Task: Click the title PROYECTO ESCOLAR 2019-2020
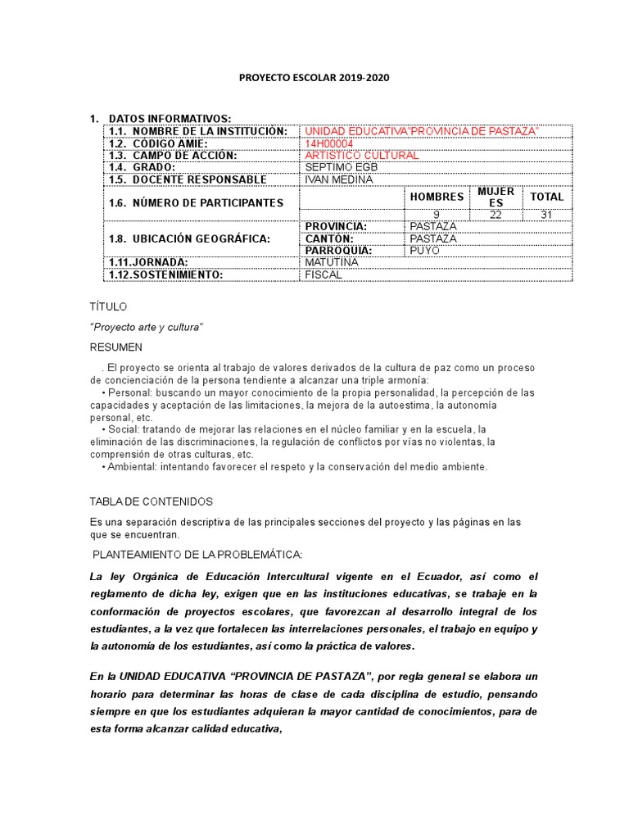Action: pyautogui.click(x=314, y=78)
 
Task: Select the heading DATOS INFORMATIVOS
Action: pyautogui.click(x=170, y=119)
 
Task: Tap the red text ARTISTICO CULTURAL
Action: pyautogui.click(x=361, y=155)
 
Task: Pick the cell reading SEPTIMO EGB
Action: pyautogui.click(x=342, y=167)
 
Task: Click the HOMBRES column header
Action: pyautogui.click(x=437, y=197)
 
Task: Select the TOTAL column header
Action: pyautogui.click(x=546, y=197)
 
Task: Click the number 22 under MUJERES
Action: pyautogui.click(x=496, y=215)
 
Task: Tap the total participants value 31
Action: pyautogui.click(x=546, y=215)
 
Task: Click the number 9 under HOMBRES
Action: pyautogui.click(x=437, y=215)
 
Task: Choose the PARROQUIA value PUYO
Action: pyautogui.click(x=424, y=251)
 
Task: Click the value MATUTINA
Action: pyautogui.click(x=332, y=262)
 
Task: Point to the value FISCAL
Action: pyautogui.click(x=324, y=274)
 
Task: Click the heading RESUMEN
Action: pyautogui.click(x=115, y=347)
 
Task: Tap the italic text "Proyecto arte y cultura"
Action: pyautogui.click(x=146, y=327)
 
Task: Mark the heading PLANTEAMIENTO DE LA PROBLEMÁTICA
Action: pyautogui.click(x=197, y=554)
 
